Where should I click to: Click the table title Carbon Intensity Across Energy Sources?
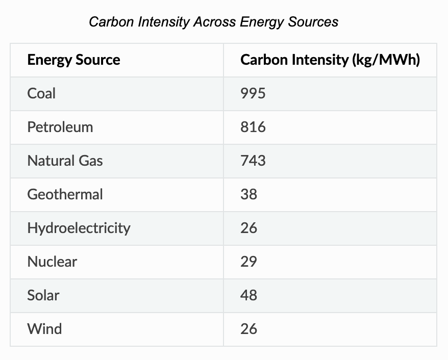tap(213, 22)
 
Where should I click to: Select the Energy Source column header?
tap(73, 60)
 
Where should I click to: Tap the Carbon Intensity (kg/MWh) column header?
tap(330, 60)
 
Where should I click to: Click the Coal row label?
tap(41, 93)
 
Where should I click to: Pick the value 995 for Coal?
tap(253, 93)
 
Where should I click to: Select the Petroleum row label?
tap(60, 127)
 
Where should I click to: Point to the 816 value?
tap(253, 127)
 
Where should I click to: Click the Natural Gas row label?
tap(65, 161)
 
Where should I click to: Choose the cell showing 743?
tap(253, 161)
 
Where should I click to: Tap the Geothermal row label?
tap(65, 194)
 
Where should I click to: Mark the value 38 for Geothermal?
tap(248, 194)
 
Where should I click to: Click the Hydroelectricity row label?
tap(79, 228)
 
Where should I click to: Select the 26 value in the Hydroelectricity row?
tap(248, 228)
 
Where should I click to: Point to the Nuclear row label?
tap(52, 262)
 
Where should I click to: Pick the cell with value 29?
tap(248, 262)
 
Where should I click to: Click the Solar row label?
tap(43, 295)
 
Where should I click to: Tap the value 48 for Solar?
tap(248, 295)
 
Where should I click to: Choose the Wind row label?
tap(44, 329)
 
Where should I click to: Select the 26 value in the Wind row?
tap(248, 329)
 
